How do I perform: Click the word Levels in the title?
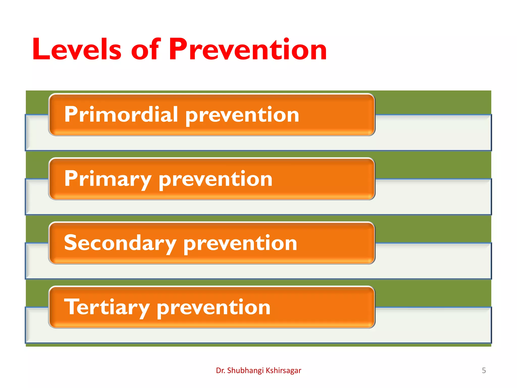77,49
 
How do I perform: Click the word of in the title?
145,49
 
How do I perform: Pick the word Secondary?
120,243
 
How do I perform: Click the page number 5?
484,371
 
